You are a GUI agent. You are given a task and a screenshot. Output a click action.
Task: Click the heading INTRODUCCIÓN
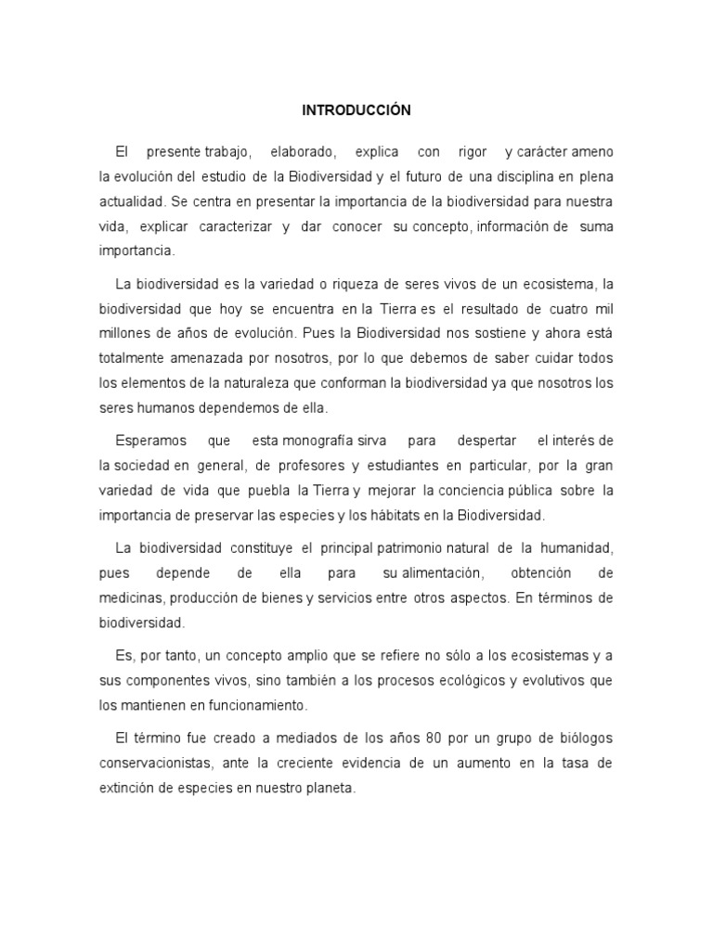pos(356,110)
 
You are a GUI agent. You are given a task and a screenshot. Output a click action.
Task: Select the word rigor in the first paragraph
pos(473,151)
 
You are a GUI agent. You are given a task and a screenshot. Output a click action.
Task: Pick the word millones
pos(124,333)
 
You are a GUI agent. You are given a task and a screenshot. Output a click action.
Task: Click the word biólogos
pos(580,738)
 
